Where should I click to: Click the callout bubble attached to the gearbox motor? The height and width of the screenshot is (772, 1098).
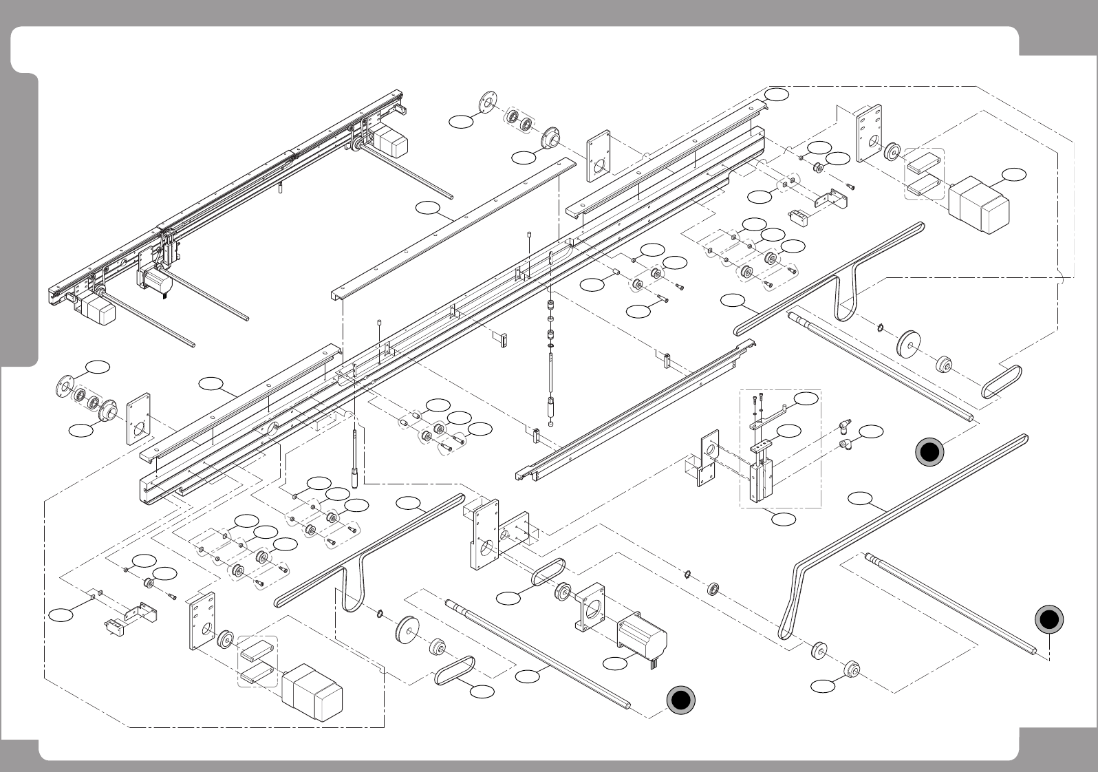[x=1013, y=174]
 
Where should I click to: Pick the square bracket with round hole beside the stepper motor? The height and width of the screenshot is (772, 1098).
[x=590, y=606]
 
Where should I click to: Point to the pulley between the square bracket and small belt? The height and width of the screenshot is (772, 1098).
[x=562, y=592]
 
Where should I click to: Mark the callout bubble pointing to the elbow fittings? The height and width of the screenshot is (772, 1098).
[x=872, y=432]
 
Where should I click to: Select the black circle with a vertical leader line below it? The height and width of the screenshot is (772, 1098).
[x=1049, y=620]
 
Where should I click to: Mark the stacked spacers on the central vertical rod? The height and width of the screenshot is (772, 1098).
[x=550, y=320]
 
